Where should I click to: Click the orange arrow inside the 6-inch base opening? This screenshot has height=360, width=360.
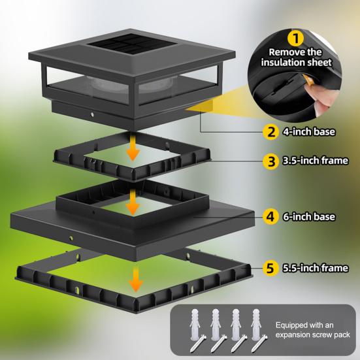[x=133, y=205]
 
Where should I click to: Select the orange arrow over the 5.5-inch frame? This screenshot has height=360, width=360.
[x=135, y=281]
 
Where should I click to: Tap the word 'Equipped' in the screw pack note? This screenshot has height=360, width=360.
[x=295, y=324]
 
